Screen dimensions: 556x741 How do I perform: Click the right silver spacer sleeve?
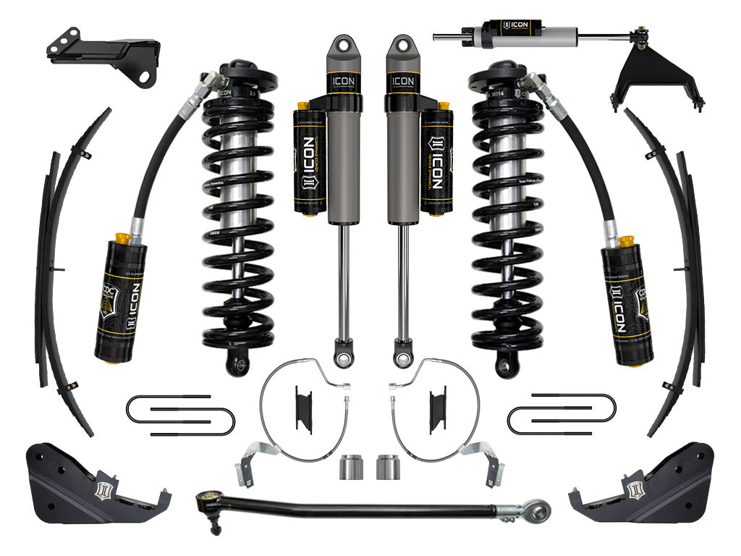coord(388,467)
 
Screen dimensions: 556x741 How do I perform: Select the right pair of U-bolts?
coord(562,415)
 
